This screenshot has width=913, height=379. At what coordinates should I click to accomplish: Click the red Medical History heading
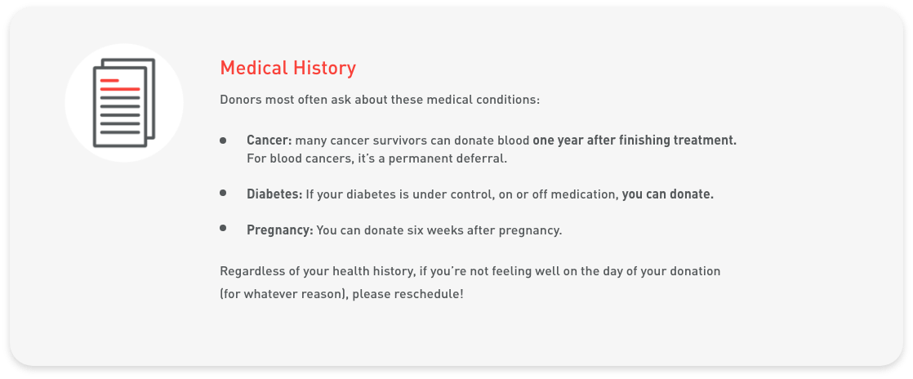[287, 68]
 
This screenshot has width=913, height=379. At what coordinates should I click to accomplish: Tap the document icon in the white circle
[124, 102]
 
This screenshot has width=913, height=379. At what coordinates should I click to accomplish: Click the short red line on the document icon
[109, 80]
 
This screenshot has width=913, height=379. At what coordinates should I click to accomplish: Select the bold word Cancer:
[269, 140]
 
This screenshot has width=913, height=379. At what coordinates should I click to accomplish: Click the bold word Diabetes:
[274, 194]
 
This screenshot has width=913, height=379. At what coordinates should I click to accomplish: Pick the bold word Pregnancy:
[280, 230]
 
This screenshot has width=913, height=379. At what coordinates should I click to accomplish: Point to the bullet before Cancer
[223, 140]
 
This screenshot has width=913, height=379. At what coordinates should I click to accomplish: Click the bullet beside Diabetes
[223, 193]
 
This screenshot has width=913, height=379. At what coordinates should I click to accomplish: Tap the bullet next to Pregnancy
[223, 228]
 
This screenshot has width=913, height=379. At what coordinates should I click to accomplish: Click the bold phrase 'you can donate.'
[668, 194]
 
